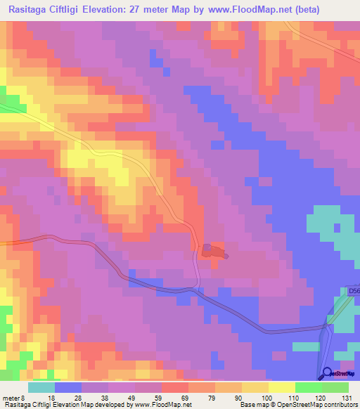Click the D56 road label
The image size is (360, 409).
click(353, 290)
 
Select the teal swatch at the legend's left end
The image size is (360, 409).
click(41, 387)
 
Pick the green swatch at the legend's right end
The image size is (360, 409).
click(335, 387)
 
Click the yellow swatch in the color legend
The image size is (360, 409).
click(281, 387)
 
